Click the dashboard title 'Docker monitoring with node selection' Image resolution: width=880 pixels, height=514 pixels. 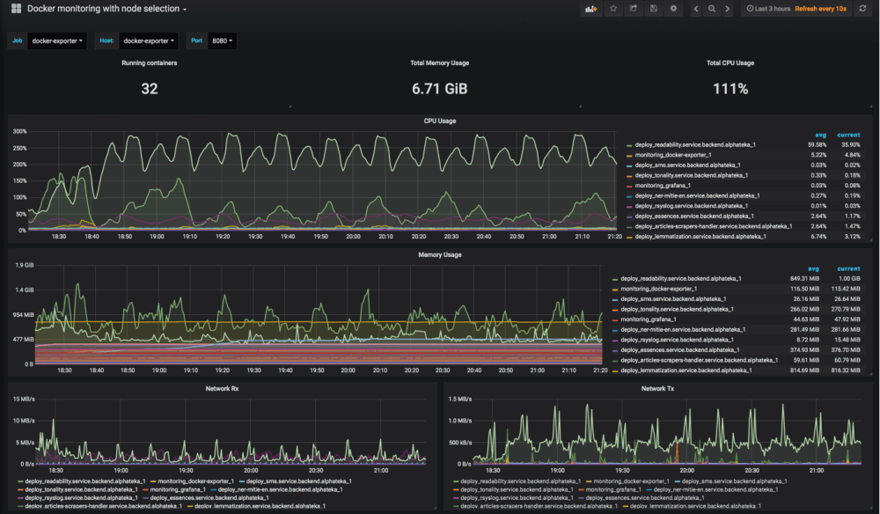(102, 9)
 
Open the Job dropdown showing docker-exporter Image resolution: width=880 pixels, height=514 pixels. (57, 40)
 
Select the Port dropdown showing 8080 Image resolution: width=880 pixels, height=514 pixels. (224, 40)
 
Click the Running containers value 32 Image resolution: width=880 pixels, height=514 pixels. (150, 89)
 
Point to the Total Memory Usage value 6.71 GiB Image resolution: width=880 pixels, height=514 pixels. (439, 89)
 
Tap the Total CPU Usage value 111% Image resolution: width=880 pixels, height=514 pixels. (730, 89)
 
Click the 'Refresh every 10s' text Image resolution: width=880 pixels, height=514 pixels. (820, 9)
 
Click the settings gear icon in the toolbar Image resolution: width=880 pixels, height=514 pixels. (673, 9)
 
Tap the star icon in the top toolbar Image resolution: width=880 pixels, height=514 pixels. (612, 9)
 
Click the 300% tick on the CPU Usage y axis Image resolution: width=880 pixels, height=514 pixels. (19, 131)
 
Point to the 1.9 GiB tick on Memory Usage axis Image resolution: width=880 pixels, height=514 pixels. (23, 265)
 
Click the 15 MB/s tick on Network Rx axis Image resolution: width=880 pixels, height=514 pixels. (22, 399)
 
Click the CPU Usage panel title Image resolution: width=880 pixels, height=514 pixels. (439, 121)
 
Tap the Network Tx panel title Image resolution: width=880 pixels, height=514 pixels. (657, 388)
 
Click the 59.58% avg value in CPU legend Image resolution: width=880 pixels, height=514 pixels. (817, 144)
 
